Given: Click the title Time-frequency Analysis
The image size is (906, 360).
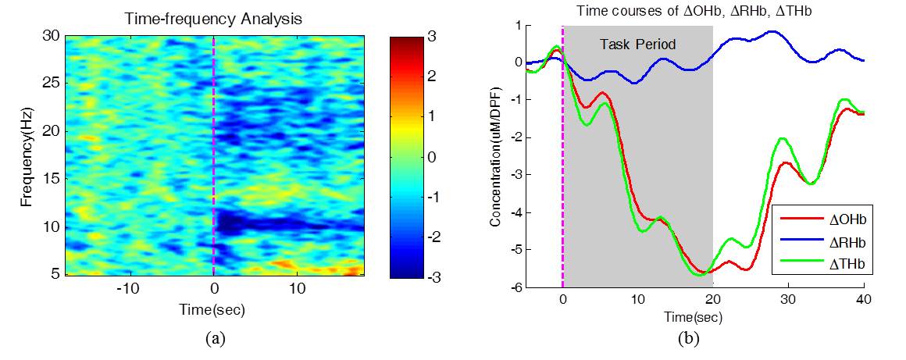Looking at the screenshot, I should (213, 18).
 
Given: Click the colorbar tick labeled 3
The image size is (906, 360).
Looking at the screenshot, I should (432, 36).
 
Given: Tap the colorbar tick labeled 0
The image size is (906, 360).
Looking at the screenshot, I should (432, 156).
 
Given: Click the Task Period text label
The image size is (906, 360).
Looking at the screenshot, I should (637, 45).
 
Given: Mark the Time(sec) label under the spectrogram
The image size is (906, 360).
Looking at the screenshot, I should (213, 310).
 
